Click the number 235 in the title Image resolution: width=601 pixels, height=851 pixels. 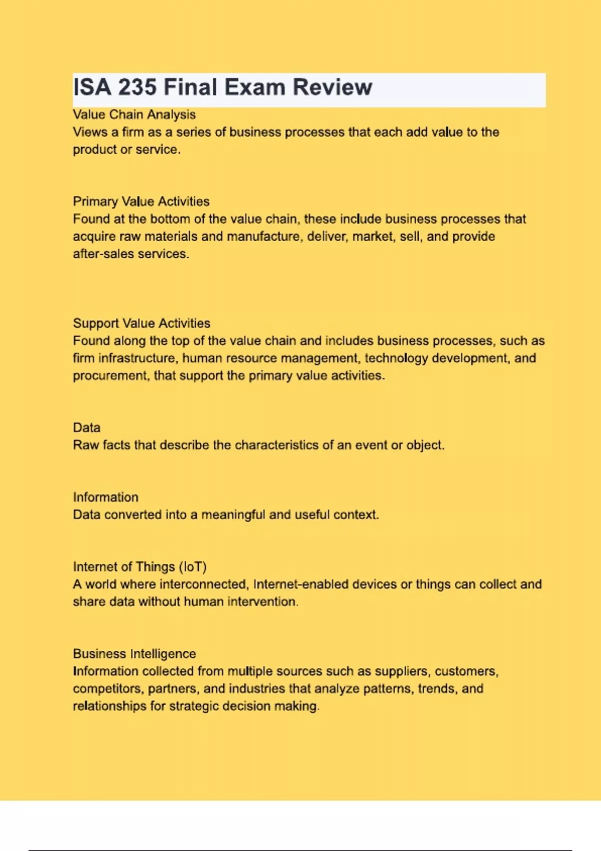137,88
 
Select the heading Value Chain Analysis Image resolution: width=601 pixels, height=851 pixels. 134,115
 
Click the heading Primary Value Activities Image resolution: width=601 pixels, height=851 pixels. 141,202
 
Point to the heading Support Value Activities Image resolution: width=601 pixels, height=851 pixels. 142,323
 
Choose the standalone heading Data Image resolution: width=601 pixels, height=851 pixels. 87,428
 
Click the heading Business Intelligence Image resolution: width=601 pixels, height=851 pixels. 134,654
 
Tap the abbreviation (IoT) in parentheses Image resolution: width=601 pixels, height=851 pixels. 193,567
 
